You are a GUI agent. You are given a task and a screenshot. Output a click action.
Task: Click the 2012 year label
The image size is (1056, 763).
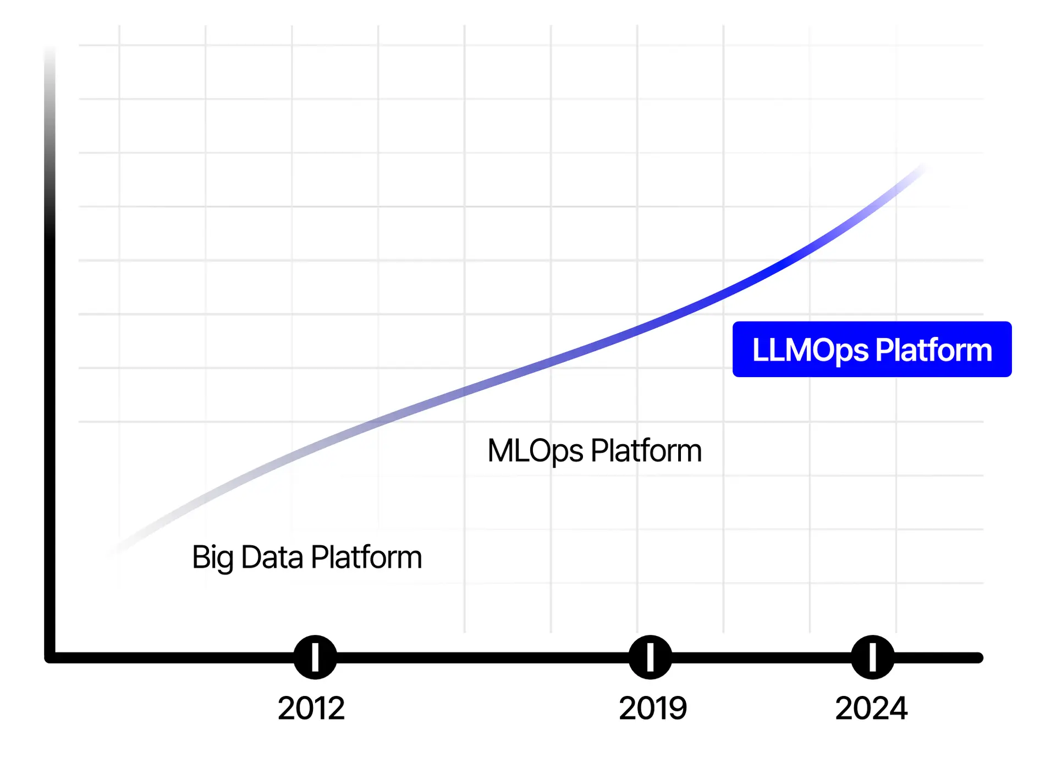311,708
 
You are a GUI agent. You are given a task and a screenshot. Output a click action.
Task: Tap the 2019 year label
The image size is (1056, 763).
653,708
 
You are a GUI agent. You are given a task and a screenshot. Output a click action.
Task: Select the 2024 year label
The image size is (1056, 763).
871,708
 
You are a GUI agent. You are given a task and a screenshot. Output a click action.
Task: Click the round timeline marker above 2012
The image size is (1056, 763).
315,657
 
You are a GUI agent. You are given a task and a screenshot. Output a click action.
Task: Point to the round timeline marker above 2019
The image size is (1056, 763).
650,657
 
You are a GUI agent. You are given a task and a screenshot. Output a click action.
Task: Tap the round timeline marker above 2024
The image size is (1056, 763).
872,657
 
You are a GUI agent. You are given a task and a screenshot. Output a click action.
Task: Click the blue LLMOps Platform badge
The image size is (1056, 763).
872,349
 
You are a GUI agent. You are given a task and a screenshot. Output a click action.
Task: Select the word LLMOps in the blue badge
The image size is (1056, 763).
810,350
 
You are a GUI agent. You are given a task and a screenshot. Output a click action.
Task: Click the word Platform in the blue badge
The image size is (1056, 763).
933,350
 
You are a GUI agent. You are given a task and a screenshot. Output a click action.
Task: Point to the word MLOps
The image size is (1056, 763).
535,451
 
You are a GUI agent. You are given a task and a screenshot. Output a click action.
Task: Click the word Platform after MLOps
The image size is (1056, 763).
646,451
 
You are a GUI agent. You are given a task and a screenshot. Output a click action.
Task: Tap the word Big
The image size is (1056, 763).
213,558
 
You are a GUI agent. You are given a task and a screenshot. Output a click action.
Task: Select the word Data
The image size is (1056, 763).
272,557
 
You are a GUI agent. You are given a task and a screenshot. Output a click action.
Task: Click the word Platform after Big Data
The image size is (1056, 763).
366,557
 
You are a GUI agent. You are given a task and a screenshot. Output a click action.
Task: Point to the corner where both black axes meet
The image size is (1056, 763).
50,657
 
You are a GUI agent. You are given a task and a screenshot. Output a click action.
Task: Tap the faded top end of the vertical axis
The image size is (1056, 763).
50,52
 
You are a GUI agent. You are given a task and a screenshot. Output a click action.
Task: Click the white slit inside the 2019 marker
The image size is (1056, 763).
650,657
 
